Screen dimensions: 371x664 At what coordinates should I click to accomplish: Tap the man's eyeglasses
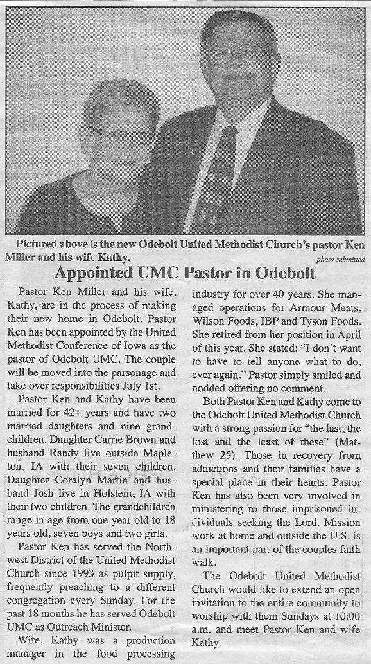235,55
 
